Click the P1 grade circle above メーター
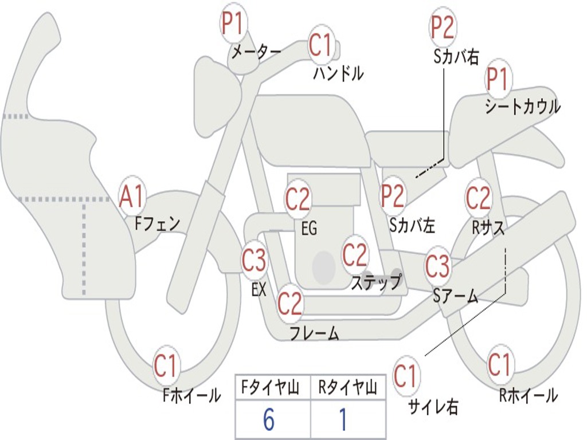pos(233,24)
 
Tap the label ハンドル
pos(338,73)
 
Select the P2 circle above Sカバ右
pos(443,27)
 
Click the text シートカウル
pos(522,107)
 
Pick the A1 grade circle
pos(132,197)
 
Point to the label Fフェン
pos(158,223)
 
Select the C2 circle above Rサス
pos(478,198)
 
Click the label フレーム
pos(314,333)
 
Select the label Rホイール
pos(529,395)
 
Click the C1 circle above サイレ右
pos(406,376)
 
